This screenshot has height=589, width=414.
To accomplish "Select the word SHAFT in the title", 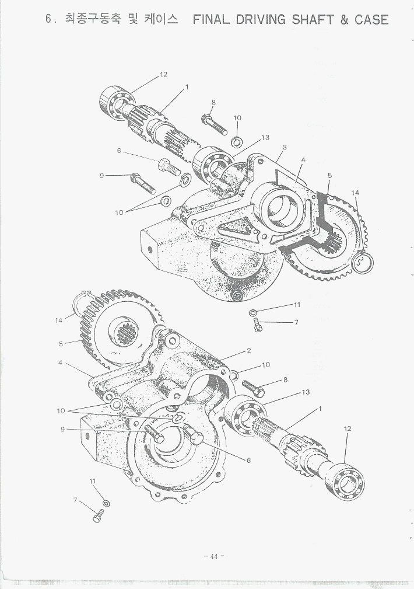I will coord(314,19).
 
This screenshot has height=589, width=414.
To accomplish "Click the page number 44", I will coord(213,556).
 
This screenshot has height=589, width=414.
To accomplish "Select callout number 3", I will coord(284,147).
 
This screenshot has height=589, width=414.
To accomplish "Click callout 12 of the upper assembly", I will coord(163,74).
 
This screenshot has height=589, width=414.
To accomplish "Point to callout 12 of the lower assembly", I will coord(348,428).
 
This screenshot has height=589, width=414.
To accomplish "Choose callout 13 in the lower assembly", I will coord(305,392).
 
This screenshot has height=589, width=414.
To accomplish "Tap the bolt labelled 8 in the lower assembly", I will coord(253,386).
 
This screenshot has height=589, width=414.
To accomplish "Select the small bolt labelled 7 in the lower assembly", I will coord(97,517).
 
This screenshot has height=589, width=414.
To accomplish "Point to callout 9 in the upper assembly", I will coord(101,175).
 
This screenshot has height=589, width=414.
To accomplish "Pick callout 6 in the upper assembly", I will coord(119,151).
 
